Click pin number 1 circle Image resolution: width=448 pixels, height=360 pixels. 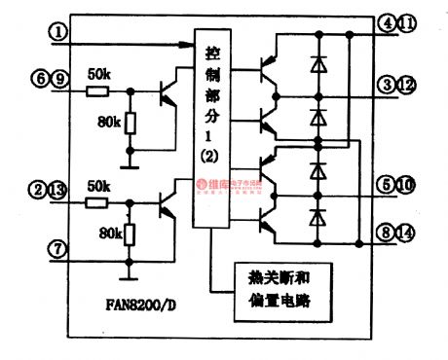[x=61, y=33]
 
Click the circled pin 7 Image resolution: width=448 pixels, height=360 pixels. [x=60, y=250]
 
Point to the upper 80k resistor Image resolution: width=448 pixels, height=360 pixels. [x=129, y=124]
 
